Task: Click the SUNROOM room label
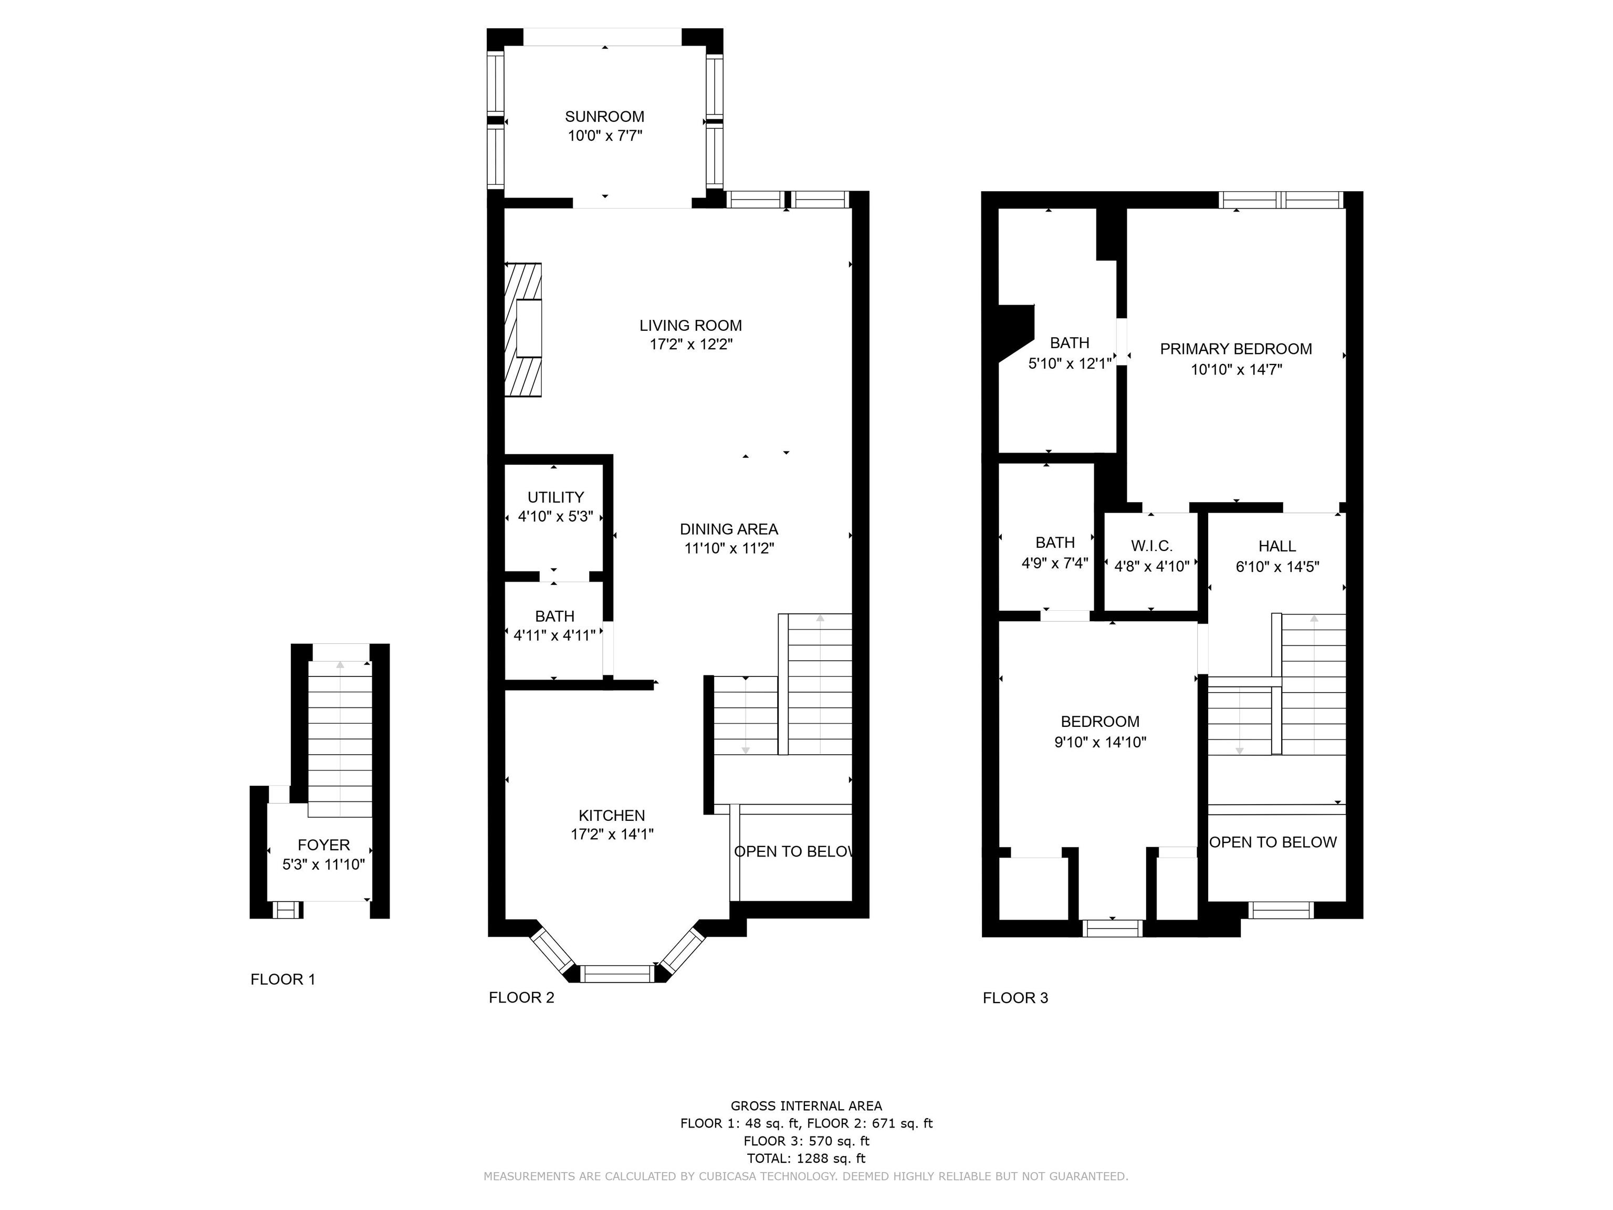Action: [x=604, y=117]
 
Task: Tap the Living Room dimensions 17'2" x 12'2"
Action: [x=690, y=345]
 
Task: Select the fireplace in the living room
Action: [x=523, y=330]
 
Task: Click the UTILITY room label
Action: [x=556, y=497]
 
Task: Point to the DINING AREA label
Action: [x=728, y=529]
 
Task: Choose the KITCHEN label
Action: [x=612, y=816]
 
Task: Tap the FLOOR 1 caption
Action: [x=283, y=979]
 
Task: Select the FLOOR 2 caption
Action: [x=521, y=998]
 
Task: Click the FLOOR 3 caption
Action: [x=1015, y=998]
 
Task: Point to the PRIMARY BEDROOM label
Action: [x=1236, y=349]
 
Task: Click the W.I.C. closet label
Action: [x=1152, y=546]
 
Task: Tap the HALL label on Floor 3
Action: [x=1277, y=546]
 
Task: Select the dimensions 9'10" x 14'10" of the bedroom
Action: [x=1101, y=743]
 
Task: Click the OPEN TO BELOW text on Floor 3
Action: [x=1273, y=842]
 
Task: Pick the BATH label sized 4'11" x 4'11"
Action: [x=554, y=617]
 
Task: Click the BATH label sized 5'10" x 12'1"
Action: [x=1070, y=343]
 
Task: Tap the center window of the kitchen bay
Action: [x=617, y=973]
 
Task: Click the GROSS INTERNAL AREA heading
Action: [x=806, y=1105]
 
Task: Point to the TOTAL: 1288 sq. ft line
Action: [x=806, y=1158]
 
